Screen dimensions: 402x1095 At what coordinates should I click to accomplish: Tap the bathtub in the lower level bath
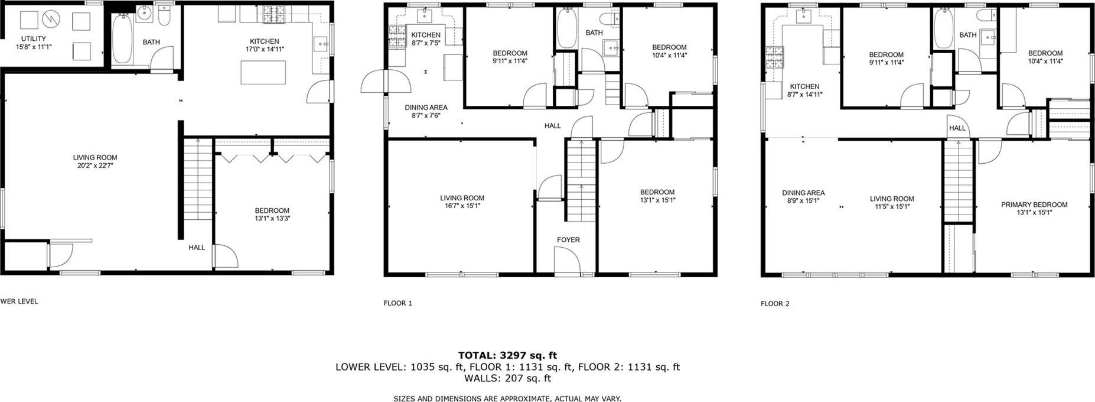[x=122, y=39]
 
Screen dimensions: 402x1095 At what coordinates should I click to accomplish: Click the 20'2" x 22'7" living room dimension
[x=95, y=166]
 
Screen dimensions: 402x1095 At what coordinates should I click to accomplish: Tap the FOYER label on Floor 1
[x=568, y=239]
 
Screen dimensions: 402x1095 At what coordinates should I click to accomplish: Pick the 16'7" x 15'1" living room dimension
[x=462, y=206]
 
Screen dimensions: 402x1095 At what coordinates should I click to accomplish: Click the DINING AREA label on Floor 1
[x=426, y=108]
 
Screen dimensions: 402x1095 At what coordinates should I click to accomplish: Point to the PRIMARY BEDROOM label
[x=1034, y=205]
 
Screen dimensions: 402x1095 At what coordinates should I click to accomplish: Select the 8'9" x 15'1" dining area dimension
[x=803, y=200]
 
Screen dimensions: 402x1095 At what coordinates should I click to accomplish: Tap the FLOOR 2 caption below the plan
[x=774, y=304]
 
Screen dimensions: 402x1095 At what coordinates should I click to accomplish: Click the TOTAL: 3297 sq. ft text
[x=507, y=355]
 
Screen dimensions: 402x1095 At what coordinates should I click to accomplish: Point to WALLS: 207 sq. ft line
[x=507, y=378]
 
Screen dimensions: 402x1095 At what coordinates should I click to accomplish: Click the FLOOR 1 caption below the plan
[x=397, y=303]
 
